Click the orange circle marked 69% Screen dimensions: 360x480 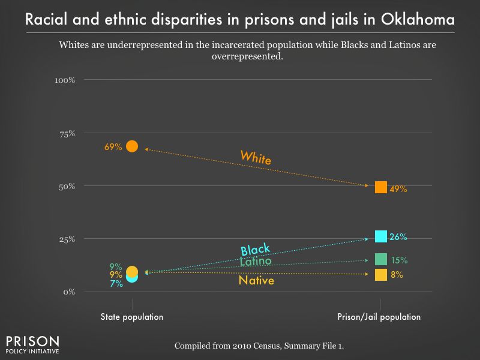(132, 146)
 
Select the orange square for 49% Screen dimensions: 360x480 (380, 187)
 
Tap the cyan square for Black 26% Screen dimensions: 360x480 (380, 236)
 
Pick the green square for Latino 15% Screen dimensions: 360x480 (380, 259)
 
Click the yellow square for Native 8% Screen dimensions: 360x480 (380, 275)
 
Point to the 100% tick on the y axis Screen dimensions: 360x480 (64, 80)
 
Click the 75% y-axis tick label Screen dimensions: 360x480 (66, 133)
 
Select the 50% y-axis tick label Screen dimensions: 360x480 (66, 186)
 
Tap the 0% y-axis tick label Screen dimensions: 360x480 (68, 292)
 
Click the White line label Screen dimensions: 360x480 (256, 158)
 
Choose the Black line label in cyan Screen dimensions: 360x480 (255, 250)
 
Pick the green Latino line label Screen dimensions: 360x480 (256, 262)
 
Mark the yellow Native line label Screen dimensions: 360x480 (256, 280)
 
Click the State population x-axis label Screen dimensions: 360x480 (132, 317)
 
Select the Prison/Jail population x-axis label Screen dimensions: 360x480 (380, 317)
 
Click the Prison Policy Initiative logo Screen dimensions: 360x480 (32, 343)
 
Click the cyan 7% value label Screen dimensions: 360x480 (116, 284)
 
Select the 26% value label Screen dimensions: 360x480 (398, 237)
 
